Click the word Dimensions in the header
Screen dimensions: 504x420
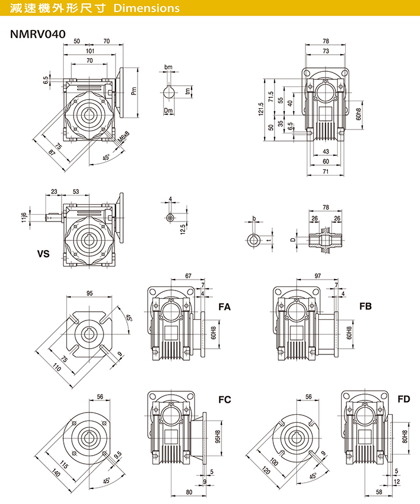pyautogui.click(x=147, y=9)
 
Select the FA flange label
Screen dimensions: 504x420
pyautogui.click(x=224, y=307)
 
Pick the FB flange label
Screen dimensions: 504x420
pyautogui.click(x=366, y=307)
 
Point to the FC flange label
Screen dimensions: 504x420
pyautogui.click(x=224, y=399)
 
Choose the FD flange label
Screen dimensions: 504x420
pyautogui.click(x=404, y=398)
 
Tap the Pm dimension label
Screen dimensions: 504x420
pyautogui.click(x=133, y=91)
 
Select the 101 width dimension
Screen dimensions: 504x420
pyautogui.click(x=89, y=52)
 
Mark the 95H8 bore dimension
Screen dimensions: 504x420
pyautogui.click(x=216, y=439)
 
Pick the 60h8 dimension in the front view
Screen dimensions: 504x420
pyautogui.click(x=358, y=114)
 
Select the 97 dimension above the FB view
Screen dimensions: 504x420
pyautogui.click(x=318, y=277)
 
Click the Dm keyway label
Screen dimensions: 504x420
pyautogui.click(x=168, y=110)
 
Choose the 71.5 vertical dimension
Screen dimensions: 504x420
pyautogui.click(x=270, y=95)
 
